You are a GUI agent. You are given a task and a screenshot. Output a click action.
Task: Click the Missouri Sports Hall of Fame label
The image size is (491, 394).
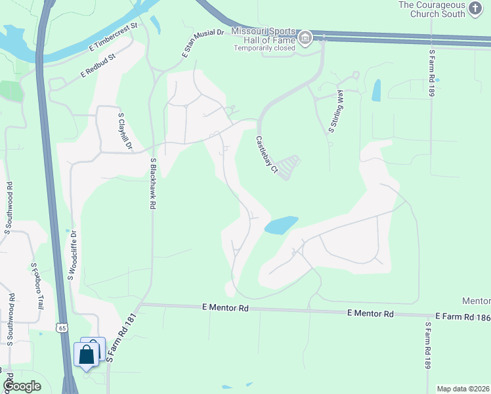point(266,37)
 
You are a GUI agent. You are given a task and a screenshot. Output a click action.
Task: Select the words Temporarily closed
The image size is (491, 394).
point(266,48)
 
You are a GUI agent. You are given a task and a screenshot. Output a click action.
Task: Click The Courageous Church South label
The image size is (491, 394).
point(441,10)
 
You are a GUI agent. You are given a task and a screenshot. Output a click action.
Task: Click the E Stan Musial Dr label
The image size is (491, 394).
point(202,42)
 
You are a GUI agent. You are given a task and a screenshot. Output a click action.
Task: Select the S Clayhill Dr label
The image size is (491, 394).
point(125,132)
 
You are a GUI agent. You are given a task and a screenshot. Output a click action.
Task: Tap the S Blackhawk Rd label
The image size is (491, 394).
point(152,183)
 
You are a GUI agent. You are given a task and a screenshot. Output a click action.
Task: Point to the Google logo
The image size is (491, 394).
point(21,386)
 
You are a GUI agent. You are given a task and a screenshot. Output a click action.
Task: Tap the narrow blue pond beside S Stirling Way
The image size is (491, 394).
point(376,91)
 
